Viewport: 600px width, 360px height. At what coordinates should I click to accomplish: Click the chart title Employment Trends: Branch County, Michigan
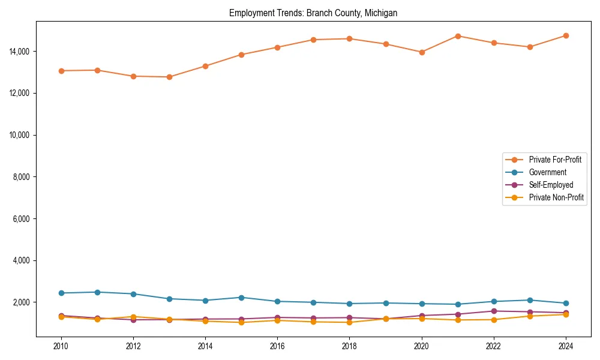pos(313,13)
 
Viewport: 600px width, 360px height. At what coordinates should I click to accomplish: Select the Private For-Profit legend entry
pos(555,160)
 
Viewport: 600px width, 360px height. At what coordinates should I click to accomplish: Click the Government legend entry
pos(547,172)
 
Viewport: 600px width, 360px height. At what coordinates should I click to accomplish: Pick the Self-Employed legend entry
pos(551,185)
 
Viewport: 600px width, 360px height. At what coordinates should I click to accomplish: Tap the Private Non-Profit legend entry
pos(556,197)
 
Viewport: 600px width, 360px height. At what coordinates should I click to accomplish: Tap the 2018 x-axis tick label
pos(349,346)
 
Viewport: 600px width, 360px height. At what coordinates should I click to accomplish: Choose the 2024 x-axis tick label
pos(566,346)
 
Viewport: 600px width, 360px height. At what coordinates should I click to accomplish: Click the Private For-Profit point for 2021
pos(458,36)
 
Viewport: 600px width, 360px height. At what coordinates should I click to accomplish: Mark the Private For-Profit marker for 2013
pos(169,77)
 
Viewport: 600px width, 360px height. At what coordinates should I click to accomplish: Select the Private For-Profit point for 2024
pos(566,36)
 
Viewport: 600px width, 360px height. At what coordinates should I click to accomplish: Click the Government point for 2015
pos(241,298)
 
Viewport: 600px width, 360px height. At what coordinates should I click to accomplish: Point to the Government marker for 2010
pos(61,293)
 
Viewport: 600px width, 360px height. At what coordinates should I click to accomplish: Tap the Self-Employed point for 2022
pos(494,311)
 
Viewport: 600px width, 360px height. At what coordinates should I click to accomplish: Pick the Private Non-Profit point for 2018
pos(349,322)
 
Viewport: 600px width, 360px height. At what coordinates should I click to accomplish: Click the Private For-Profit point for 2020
pos(422,52)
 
